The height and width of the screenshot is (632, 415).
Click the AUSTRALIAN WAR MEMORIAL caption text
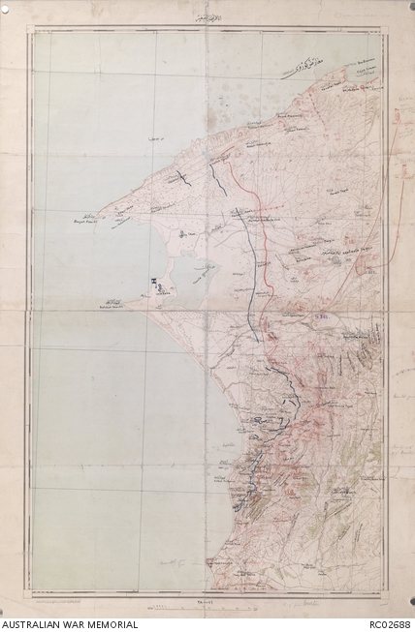[x=69, y=624]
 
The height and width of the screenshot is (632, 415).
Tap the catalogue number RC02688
[x=390, y=624]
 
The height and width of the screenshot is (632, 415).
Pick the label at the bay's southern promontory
[x=112, y=305]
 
